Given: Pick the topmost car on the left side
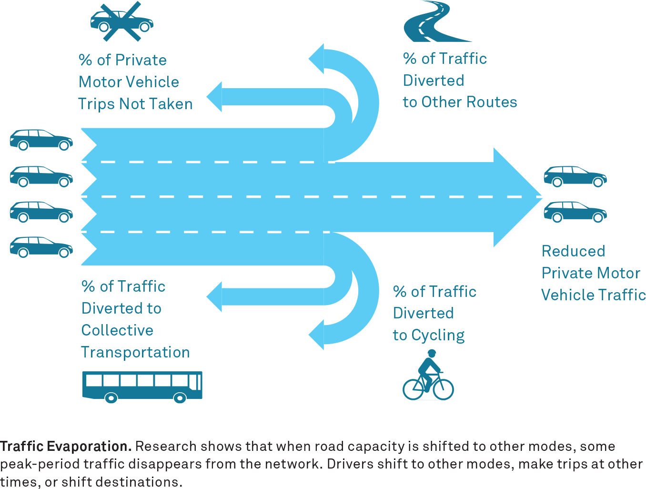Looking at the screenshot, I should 41,139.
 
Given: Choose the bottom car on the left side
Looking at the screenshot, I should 41,247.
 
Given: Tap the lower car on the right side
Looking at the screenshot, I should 575,212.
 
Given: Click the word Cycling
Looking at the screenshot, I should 438,335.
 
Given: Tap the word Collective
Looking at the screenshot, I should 117,330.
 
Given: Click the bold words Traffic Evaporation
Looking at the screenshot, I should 66,446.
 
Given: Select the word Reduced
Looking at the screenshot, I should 573,251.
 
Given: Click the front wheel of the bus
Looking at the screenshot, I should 180,397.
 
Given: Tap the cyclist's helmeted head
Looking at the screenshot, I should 432,353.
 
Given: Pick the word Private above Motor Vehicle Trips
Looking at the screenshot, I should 141,60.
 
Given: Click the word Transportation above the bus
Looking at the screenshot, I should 135,352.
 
